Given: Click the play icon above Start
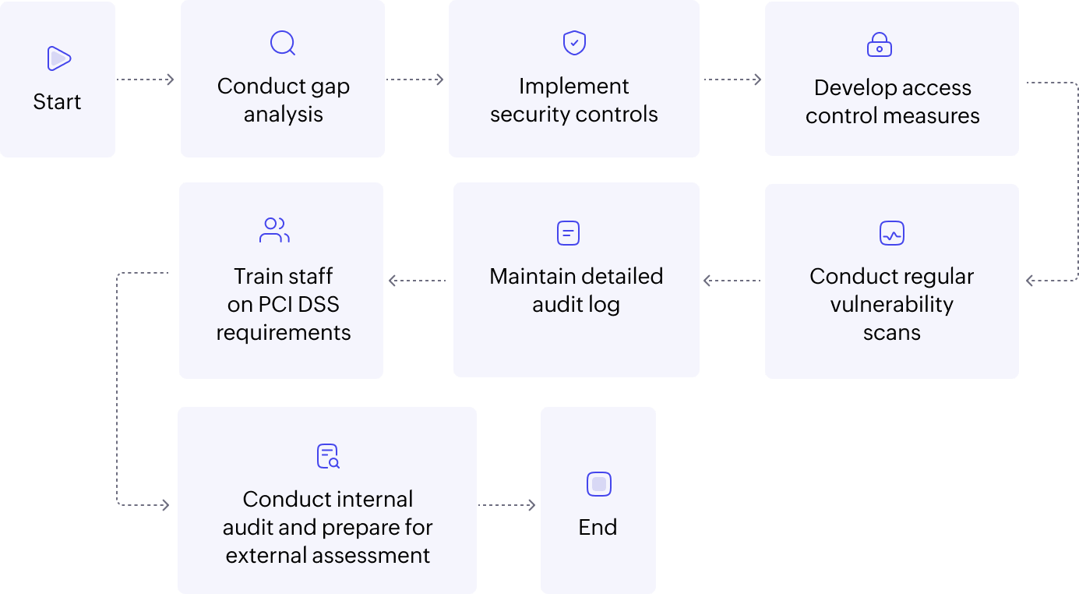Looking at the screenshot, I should [x=58, y=58].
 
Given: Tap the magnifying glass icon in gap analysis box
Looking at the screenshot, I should [x=282, y=42].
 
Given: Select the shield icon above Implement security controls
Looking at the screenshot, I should [x=574, y=42].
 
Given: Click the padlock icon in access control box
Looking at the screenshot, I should [x=879, y=44].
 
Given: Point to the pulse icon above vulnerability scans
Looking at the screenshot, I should [x=891, y=233].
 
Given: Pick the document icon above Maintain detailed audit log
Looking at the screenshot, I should [x=569, y=233].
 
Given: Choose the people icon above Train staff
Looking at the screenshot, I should [x=274, y=230].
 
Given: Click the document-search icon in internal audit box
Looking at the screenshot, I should [x=328, y=456].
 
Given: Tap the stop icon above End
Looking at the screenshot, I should [x=598, y=484].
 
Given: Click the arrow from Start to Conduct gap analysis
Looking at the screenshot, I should [x=146, y=80].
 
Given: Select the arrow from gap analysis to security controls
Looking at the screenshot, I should [x=415, y=80].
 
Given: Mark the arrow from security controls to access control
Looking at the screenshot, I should [x=732, y=80].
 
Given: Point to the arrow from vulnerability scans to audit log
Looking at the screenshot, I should [x=732, y=281].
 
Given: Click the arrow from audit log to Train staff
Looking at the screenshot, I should [x=418, y=281].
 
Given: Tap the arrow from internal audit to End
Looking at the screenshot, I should [x=507, y=505].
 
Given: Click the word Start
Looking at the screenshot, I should [x=57, y=102].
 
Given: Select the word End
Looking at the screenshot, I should [x=598, y=528].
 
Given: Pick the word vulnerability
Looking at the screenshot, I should [x=891, y=305].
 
